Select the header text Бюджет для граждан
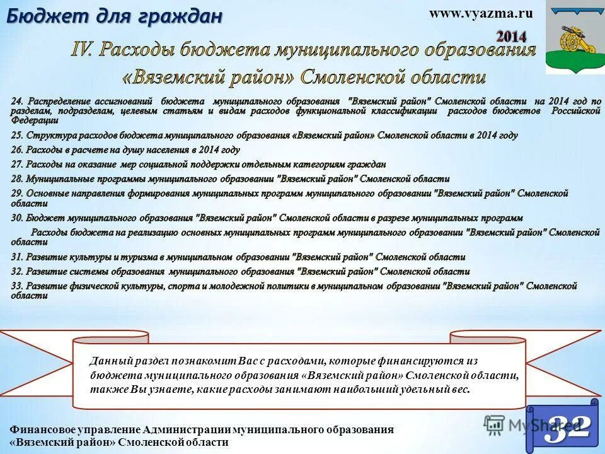(114, 16)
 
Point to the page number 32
(568, 428)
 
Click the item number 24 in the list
(17, 101)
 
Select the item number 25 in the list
(17, 136)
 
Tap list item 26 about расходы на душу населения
(125, 150)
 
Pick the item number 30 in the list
(17, 218)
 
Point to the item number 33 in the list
(17, 286)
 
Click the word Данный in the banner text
(110, 361)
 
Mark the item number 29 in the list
(17, 194)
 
